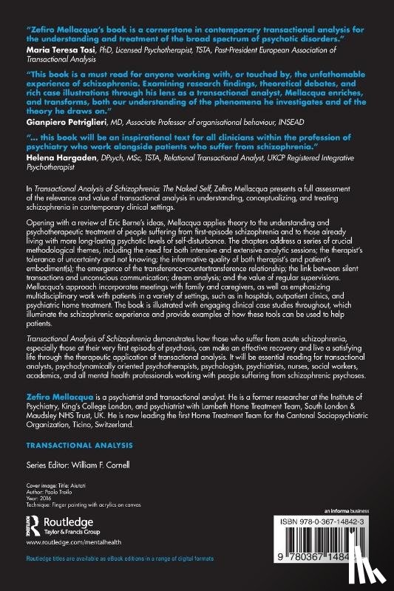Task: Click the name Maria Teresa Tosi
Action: point(55,50)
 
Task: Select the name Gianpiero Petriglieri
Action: point(62,120)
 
